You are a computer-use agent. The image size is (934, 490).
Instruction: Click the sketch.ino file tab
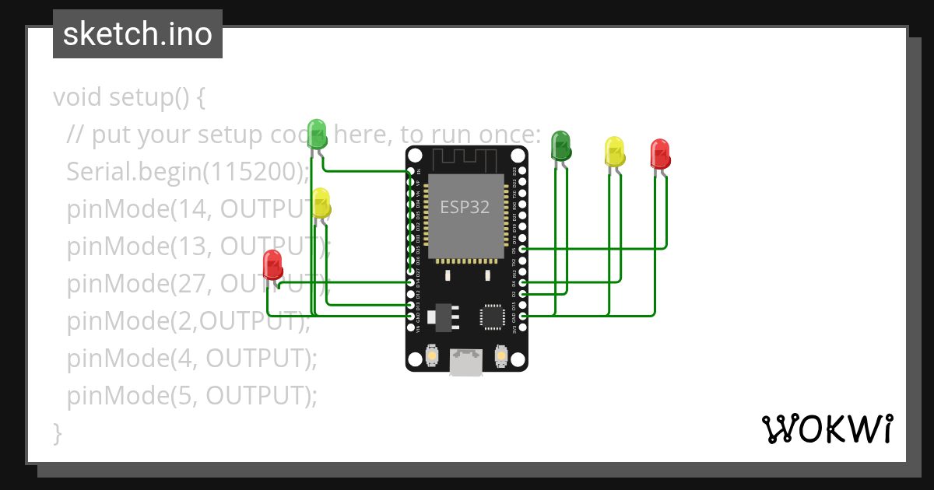138,34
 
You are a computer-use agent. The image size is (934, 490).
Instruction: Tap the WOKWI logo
827,429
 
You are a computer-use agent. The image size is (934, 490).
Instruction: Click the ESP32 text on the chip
465,208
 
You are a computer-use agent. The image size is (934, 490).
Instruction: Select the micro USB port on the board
466,361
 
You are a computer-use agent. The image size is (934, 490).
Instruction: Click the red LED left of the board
272,264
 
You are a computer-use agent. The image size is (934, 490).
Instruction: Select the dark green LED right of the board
560,145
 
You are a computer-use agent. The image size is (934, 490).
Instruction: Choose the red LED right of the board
660,153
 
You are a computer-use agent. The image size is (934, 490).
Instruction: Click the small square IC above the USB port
492,316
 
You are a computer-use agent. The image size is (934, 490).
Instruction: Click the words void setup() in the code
128,98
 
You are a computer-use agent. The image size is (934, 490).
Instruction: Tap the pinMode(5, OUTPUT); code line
192,396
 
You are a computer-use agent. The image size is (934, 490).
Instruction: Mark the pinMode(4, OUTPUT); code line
192,359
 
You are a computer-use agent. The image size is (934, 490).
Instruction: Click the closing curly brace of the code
57,432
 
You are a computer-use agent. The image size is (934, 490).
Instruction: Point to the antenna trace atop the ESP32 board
465,159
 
